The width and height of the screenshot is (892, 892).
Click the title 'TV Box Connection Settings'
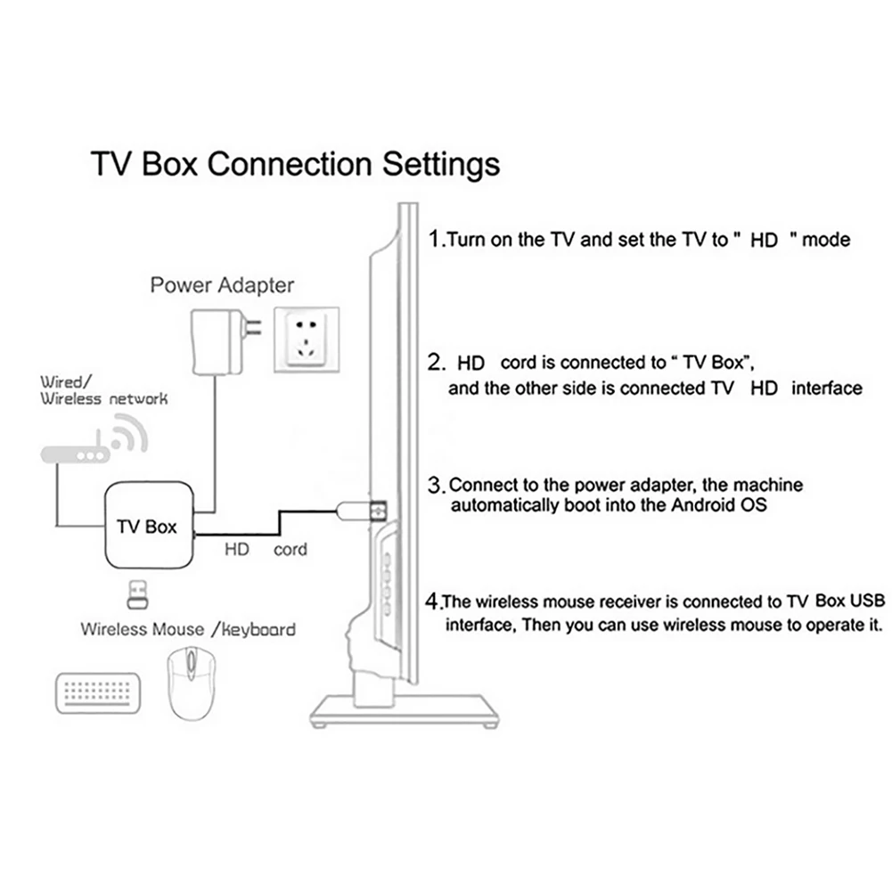[295, 165]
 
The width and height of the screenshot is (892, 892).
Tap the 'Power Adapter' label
[221, 285]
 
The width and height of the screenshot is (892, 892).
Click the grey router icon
[75, 454]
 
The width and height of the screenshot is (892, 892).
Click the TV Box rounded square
[147, 526]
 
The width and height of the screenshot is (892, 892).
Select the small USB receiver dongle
[138, 593]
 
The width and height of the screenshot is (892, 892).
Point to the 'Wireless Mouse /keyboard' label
[188, 629]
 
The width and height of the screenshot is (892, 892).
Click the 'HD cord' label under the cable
[265, 549]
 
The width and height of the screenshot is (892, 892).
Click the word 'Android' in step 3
[659, 505]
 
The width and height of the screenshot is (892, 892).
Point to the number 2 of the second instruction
[436, 363]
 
